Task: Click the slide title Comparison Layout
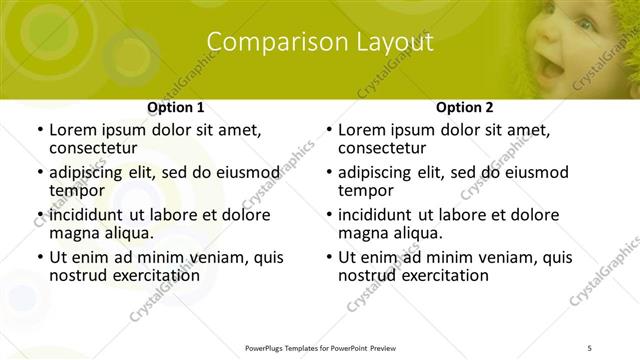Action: tap(319, 42)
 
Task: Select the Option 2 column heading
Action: tap(465, 107)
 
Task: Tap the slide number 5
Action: tap(589, 348)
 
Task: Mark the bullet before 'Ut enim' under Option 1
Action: tap(38, 258)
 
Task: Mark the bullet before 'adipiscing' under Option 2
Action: tap(328, 172)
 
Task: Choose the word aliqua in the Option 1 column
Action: tap(127, 233)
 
